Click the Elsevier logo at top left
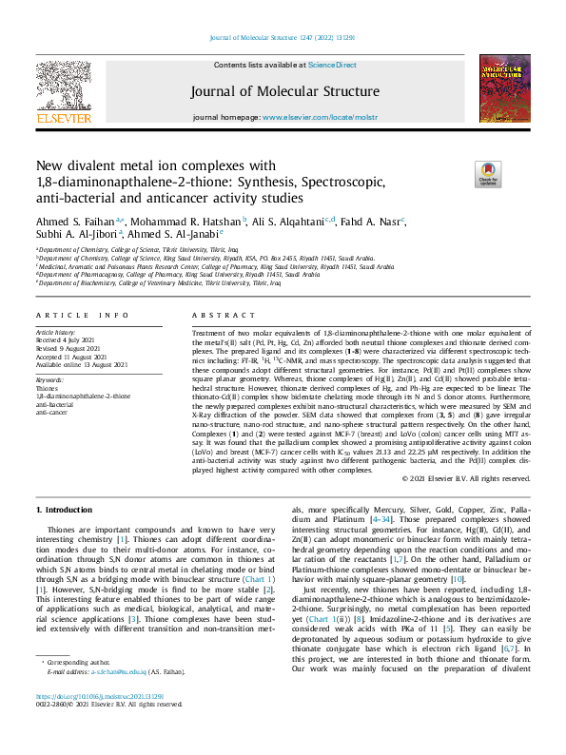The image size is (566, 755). [x=63, y=96]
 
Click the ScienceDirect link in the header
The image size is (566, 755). [x=333, y=65]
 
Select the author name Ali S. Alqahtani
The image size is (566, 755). [x=285, y=220]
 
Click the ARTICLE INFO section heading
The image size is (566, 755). [x=82, y=315]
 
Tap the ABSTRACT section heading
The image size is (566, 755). [x=214, y=315]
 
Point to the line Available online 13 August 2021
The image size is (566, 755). [x=82, y=364]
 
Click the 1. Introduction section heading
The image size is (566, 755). [x=71, y=511]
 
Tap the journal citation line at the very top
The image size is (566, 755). [x=283, y=37]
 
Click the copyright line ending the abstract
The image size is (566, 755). [x=466, y=477]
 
